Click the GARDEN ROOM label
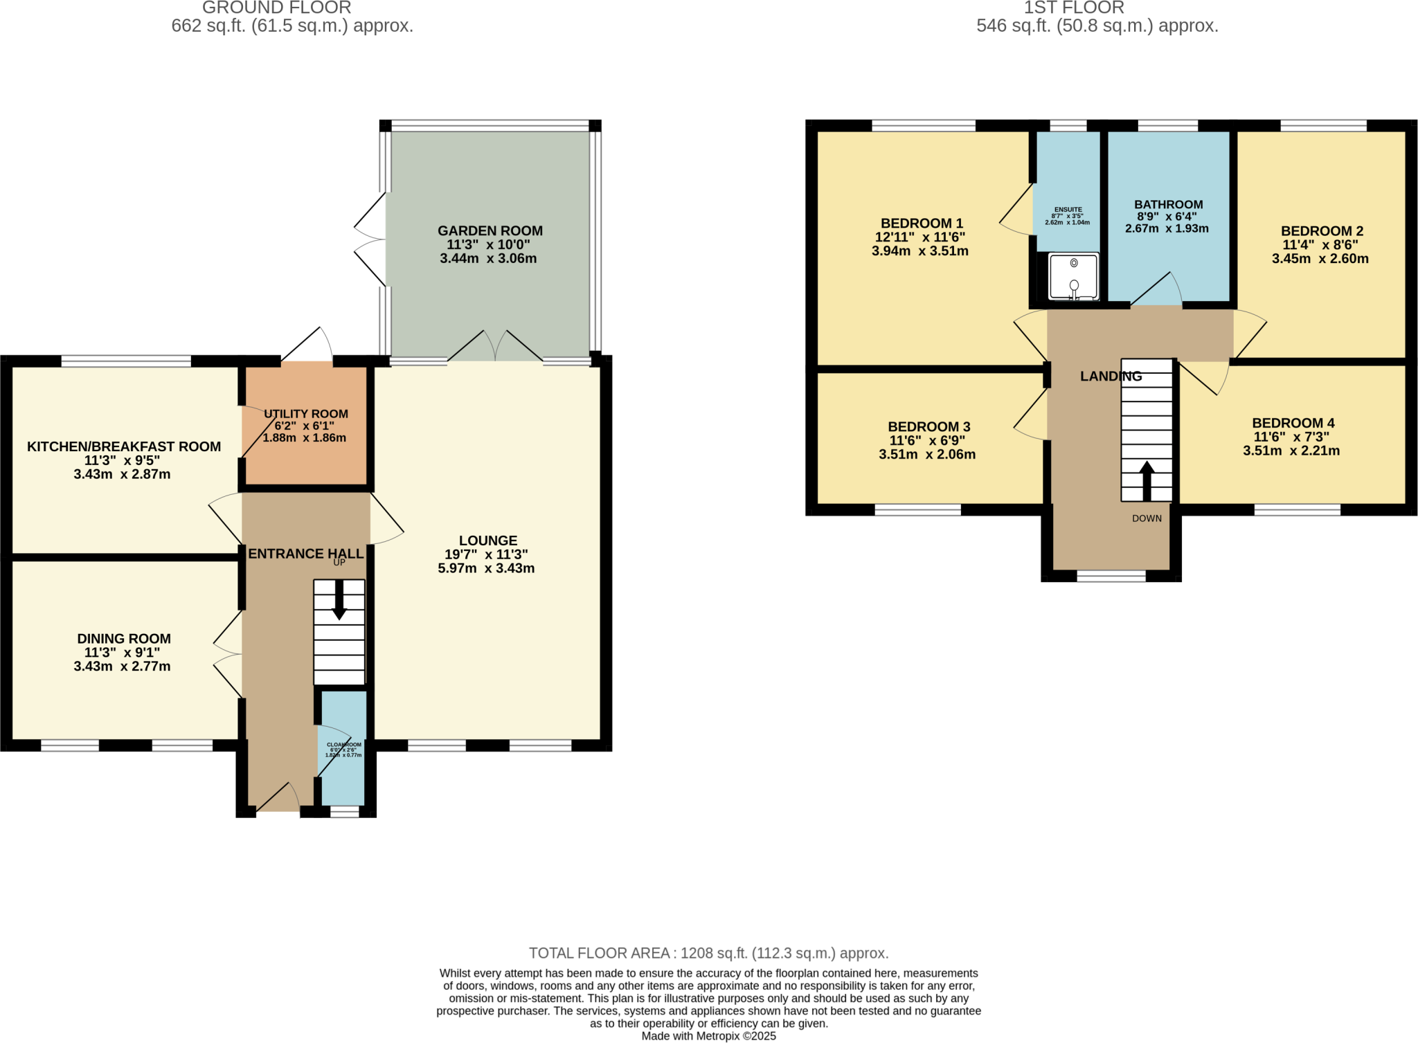(490, 230)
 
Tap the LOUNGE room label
(487, 541)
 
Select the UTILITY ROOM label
(305, 414)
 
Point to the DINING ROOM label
(123, 639)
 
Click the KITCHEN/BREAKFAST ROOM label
(124, 446)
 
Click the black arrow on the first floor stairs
(1147, 480)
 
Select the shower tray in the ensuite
(1073, 276)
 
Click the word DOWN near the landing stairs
(1147, 518)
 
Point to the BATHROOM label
(1168, 204)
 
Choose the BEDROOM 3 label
(928, 427)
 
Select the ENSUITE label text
(1068, 210)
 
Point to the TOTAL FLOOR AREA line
(708, 953)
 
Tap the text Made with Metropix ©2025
(708, 1036)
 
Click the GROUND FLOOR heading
(276, 8)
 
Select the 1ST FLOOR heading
(1074, 8)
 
